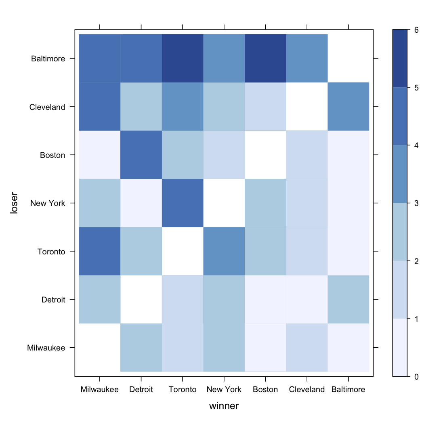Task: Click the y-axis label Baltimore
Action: click(x=48, y=59)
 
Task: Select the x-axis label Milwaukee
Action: click(x=99, y=390)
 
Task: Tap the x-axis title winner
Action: click(x=224, y=406)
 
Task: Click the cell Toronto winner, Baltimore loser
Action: click(x=183, y=58)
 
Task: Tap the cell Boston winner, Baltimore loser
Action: click(x=265, y=58)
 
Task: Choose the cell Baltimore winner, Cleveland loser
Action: click(x=348, y=107)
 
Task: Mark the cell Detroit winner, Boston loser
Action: click(x=141, y=155)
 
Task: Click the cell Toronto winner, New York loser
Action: click(x=183, y=203)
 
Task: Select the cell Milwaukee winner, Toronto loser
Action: click(x=99, y=251)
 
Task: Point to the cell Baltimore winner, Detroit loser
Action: click(x=348, y=299)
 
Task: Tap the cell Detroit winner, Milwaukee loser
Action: click(x=141, y=347)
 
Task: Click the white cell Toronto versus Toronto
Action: click(x=183, y=251)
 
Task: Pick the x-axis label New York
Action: click(x=224, y=390)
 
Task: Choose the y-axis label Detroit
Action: click(x=54, y=300)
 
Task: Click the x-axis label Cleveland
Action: click(x=307, y=390)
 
